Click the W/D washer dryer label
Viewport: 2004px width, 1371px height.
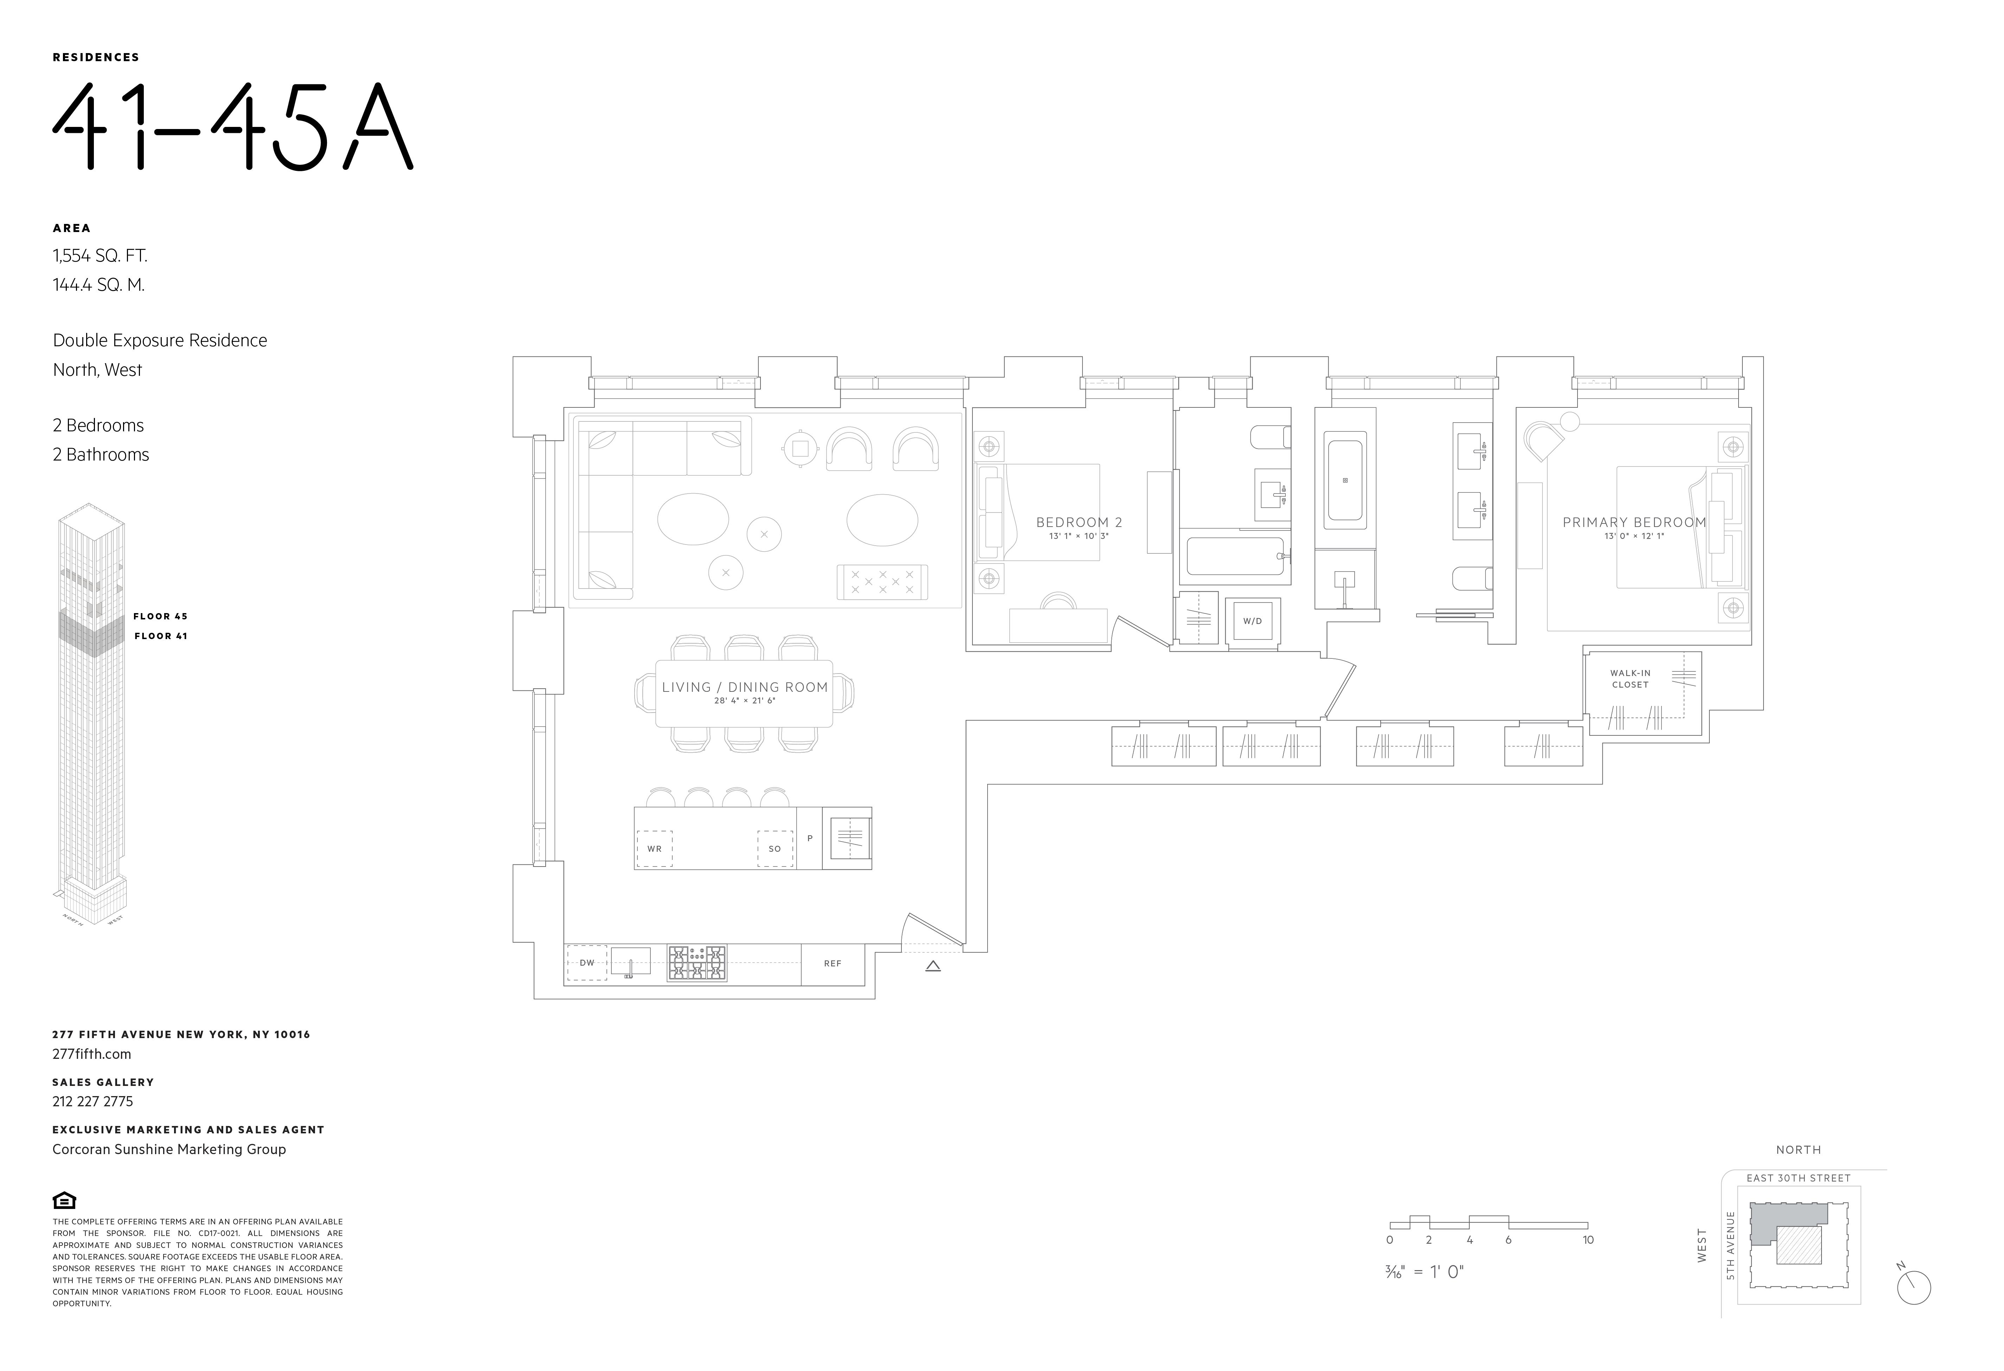pos(1252,621)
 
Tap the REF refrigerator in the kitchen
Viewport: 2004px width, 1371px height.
pos(832,963)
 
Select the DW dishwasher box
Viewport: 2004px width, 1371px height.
pos(586,963)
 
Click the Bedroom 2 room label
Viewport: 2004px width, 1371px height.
pos(1079,522)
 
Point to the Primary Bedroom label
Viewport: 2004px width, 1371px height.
pos(1634,522)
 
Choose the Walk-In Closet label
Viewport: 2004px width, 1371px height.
pos(1630,678)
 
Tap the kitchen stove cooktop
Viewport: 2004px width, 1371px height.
pos(697,963)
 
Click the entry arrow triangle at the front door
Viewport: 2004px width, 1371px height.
pos(932,967)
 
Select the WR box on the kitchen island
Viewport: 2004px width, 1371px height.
pos(655,849)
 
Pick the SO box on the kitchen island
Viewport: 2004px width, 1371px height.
pos(774,849)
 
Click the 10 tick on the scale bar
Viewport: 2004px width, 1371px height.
pos(1587,1240)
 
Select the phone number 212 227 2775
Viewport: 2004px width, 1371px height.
pos(93,1101)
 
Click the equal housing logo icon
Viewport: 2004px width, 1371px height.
pos(65,1200)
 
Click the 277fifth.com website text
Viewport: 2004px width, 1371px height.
pos(91,1054)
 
